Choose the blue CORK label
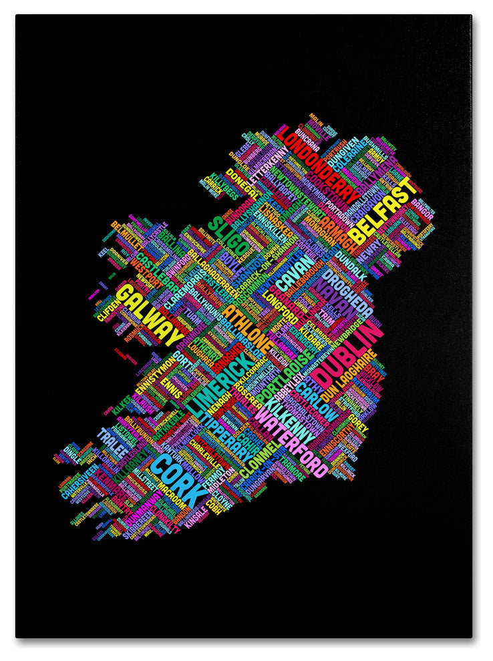pos(176,479)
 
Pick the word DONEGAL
pos(242,183)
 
